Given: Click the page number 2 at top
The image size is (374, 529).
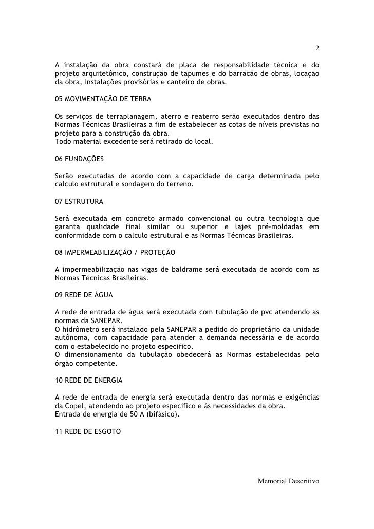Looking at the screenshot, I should (317, 49).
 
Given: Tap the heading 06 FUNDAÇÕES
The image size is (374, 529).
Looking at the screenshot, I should (80, 160).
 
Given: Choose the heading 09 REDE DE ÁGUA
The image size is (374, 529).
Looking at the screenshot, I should (84, 296).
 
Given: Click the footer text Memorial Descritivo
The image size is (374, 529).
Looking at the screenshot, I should (288, 481).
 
